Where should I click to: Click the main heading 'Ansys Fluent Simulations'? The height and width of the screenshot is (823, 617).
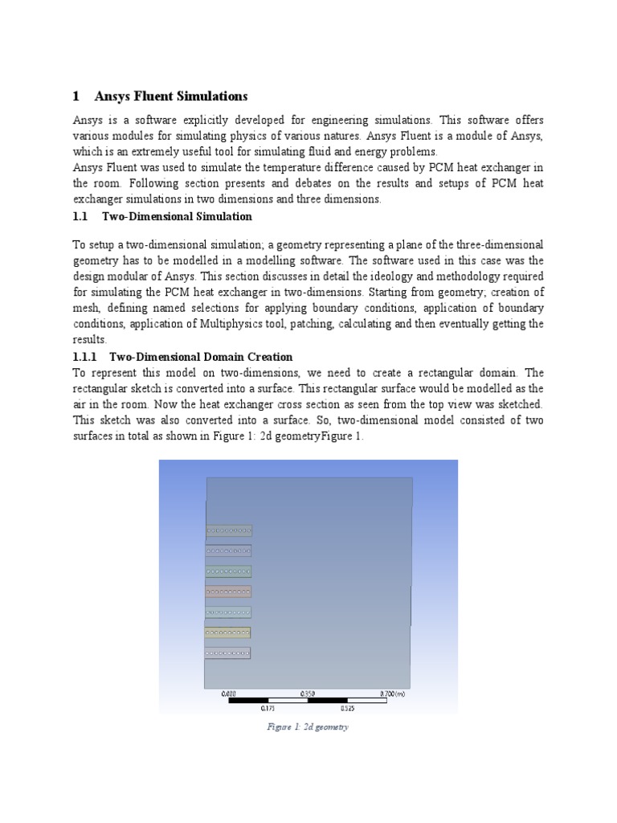pos(170,96)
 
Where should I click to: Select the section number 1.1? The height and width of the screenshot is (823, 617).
pos(81,216)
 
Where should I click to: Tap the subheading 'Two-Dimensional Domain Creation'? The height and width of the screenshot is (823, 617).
pos(201,356)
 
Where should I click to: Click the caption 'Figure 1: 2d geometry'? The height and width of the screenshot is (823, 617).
pos(308,727)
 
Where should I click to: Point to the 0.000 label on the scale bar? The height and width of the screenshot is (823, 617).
pos(229,692)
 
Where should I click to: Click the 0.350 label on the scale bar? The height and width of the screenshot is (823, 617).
pos(308,692)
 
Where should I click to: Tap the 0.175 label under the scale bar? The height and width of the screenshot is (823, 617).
pos(268,709)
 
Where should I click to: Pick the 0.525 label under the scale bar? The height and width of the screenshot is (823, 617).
pos(347,709)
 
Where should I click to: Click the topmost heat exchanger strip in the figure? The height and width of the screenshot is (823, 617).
pos(229,530)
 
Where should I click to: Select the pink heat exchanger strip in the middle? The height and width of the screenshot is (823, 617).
pos(229,592)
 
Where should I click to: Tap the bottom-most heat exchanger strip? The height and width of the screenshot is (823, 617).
pos(228,653)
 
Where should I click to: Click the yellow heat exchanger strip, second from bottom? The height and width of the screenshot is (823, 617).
pos(228,633)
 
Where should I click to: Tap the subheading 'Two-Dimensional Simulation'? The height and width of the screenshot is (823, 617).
pos(177,216)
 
